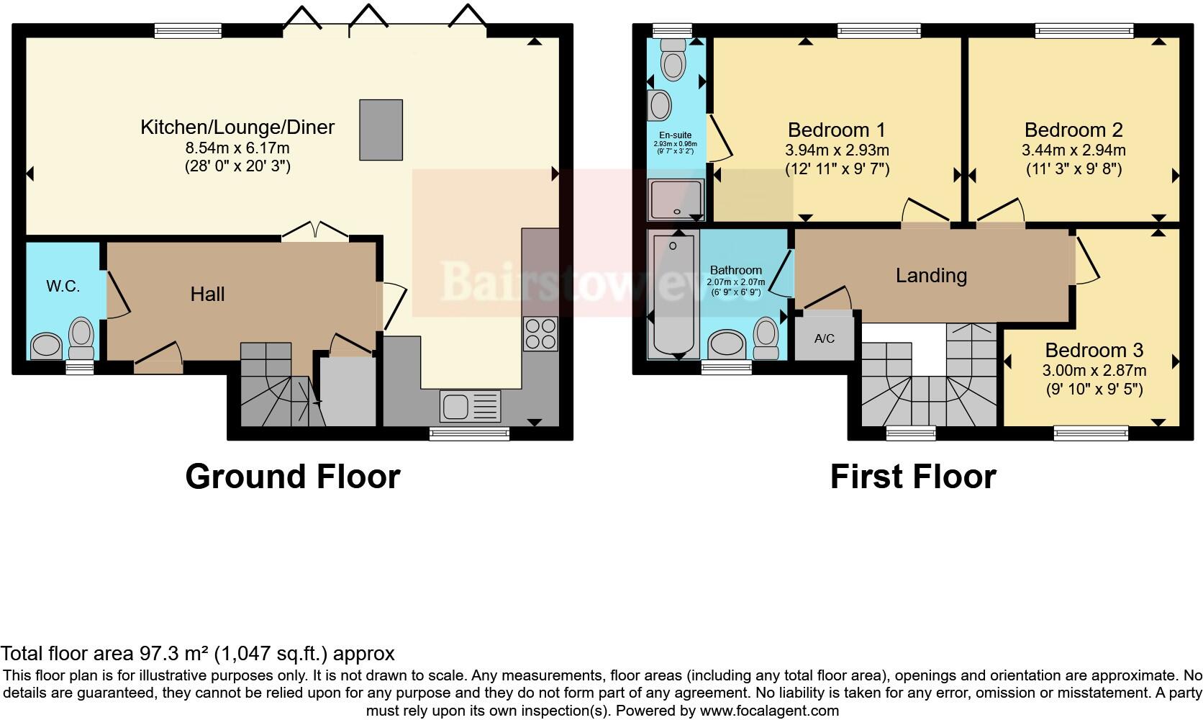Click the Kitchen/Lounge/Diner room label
pos(237,127)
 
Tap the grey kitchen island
pos(381,130)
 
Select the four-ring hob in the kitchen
pos(540,333)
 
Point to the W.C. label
pos(63,287)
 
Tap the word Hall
pos(207,294)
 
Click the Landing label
pos(931,275)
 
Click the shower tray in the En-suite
pos(676,199)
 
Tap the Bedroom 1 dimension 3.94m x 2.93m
pos(837,150)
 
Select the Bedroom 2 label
pos(1073,130)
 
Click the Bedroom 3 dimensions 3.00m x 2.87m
pos(1094,371)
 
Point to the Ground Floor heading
pos(292,477)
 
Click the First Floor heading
pos(912,477)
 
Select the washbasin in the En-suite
pos(660,105)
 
